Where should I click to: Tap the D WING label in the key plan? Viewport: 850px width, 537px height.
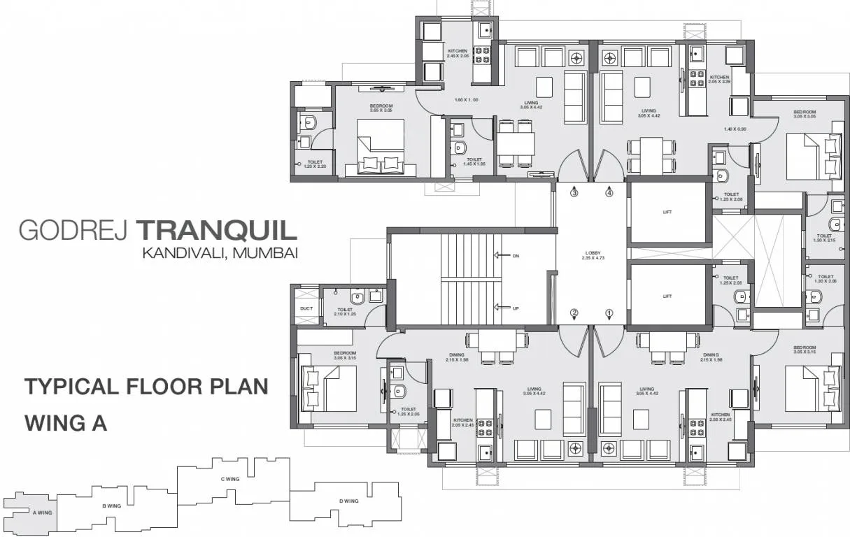point(348,501)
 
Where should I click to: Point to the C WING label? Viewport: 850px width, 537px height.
point(230,479)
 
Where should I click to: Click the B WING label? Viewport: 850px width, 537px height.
point(112,505)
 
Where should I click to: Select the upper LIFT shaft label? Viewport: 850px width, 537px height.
point(667,212)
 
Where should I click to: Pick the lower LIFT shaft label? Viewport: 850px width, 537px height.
point(667,296)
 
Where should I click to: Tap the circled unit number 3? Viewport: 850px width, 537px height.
point(574,193)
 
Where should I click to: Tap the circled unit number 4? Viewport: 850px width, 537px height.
point(609,193)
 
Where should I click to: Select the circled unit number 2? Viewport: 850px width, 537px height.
point(574,313)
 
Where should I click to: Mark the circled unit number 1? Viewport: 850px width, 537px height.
point(609,313)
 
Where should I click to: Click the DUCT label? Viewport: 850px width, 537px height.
point(306,307)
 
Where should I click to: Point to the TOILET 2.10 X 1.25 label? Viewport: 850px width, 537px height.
point(345,312)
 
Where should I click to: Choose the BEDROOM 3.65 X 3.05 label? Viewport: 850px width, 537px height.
point(381,108)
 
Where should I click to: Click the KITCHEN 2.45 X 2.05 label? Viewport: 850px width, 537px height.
point(458,53)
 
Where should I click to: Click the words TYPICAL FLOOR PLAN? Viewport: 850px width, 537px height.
point(146,387)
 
